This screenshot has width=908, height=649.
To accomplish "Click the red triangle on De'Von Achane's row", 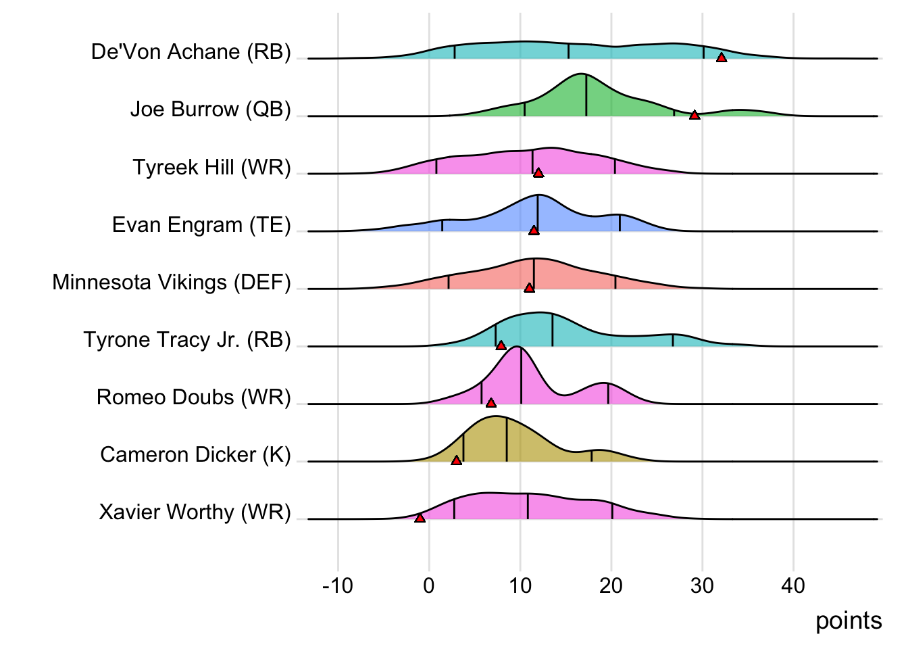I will pos(722,57).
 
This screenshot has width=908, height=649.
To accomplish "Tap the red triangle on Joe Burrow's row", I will pos(695,115).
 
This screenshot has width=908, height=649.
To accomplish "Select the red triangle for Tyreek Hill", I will pos(538,172).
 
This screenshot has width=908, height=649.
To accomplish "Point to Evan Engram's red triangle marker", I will pos(534,231).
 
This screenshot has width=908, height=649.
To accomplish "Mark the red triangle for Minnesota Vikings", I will pos(529,288).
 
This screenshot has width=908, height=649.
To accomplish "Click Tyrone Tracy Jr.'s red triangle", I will pos(501,345).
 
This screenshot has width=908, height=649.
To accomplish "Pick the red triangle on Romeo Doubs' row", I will pos(491,403).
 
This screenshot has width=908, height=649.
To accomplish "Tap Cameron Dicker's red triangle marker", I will pos(457,460).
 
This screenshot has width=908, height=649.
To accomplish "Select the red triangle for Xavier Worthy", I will pos(420,518).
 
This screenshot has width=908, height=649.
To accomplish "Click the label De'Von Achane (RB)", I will pos(191,52).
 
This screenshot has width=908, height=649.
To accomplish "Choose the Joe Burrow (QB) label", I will pos(210,110).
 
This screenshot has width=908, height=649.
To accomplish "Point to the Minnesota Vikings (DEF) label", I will pos(172,282).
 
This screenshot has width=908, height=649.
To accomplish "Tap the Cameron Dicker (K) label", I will pos(195,454).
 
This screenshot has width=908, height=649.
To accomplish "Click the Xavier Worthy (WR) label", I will pos(195,512).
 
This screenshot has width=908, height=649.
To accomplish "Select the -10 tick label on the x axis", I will pos(338,585).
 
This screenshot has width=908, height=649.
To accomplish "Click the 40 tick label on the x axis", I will pos(793,585).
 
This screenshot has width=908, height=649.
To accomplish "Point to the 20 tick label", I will pos(611,585).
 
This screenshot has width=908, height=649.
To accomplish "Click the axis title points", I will pos(849,621).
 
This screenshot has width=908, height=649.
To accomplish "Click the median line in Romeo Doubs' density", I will pos(521,376).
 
